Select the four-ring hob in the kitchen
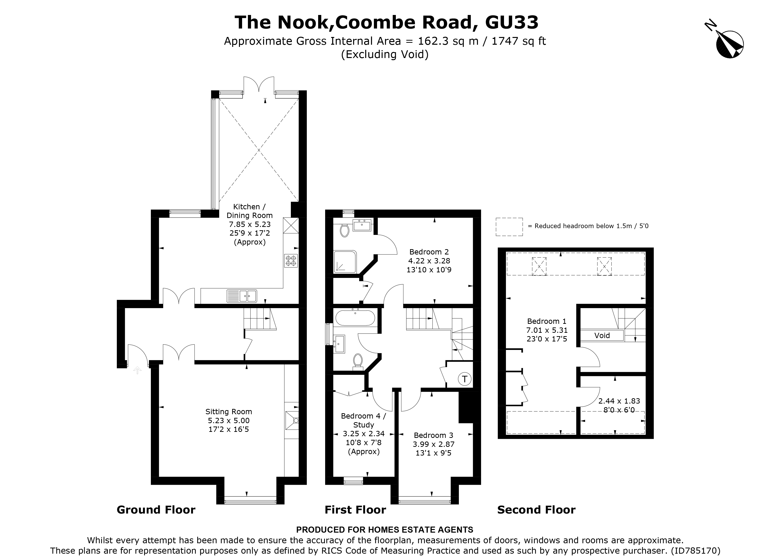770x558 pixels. click(x=291, y=261)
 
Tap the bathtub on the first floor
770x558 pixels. click(x=355, y=318)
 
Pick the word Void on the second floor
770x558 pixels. click(x=602, y=335)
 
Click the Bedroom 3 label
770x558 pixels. click(x=433, y=435)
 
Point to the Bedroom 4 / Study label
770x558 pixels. click(x=363, y=420)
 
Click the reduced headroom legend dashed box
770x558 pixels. click(x=509, y=227)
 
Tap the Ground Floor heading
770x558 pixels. click(x=156, y=510)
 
